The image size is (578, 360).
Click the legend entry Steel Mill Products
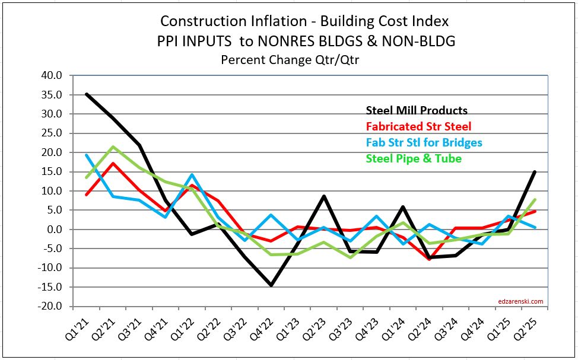tap(416, 110)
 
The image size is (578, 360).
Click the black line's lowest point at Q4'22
tap(271, 285)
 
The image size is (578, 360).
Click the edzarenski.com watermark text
tap(520, 301)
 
